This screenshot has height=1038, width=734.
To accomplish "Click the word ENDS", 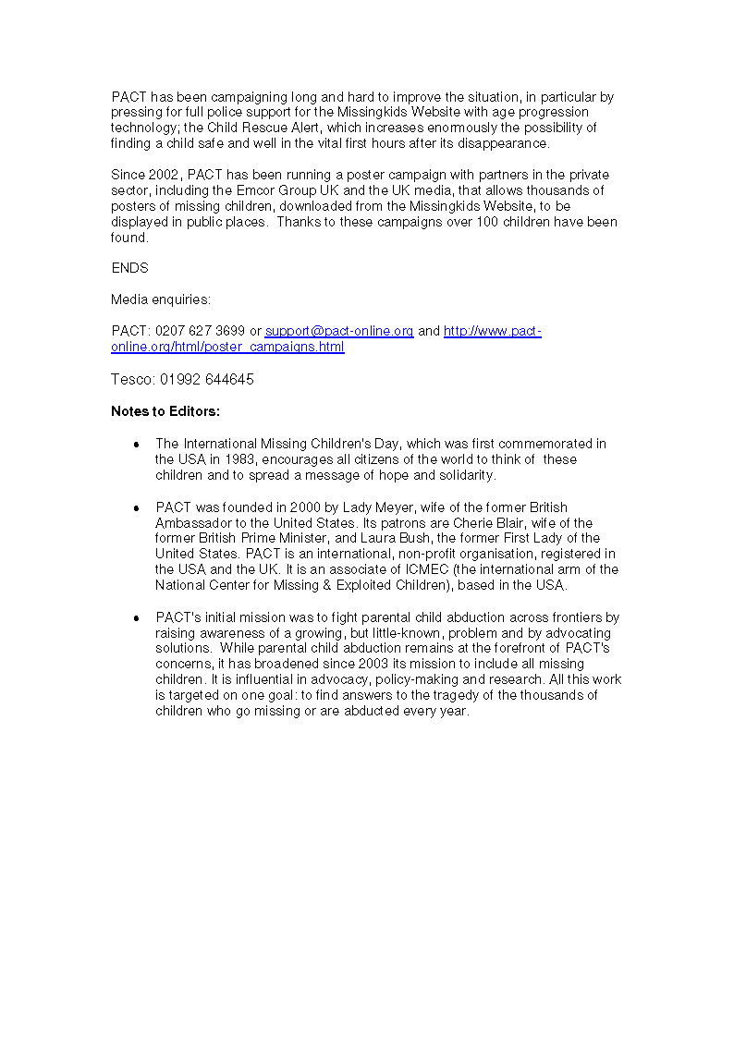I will [129, 268].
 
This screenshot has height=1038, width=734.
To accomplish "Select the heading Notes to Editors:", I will [165, 411].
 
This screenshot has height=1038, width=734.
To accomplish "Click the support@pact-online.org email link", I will [339, 331].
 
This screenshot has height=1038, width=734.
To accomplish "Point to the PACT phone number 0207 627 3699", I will [200, 331].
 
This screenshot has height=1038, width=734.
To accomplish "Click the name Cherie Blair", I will [488, 523].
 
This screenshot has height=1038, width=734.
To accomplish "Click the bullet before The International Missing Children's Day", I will [136, 445].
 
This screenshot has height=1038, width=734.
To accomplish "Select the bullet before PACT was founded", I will [136, 508].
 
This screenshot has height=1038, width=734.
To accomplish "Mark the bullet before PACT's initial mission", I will [136, 617].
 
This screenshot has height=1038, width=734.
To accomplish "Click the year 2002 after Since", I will [165, 175].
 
